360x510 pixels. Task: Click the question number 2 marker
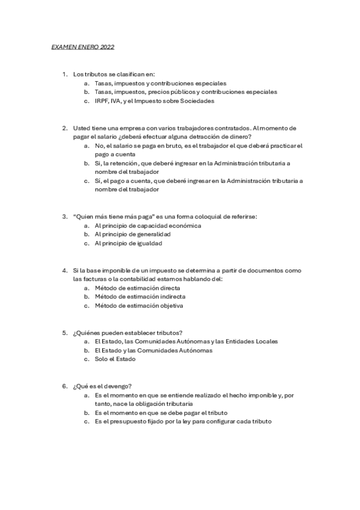(64, 128)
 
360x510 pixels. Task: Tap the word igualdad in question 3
(148, 243)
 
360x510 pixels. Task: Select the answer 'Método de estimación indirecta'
(139, 296)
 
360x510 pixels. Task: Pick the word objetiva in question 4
(171, 306)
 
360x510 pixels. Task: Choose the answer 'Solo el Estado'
(115, 359)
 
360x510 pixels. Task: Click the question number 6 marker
(64, 386)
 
